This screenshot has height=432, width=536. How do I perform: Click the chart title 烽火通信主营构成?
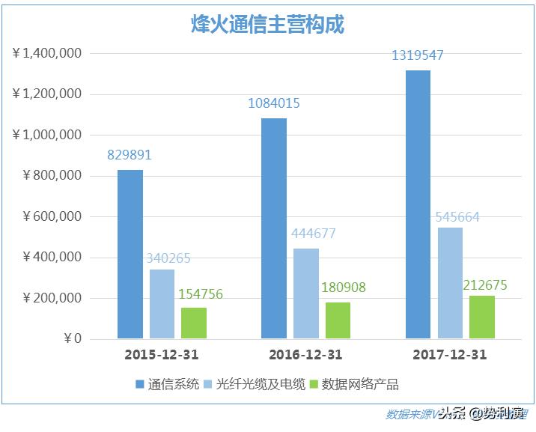point(267,24)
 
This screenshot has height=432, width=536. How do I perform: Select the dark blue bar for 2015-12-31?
point(130,255)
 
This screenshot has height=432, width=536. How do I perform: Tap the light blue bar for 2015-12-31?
point(162,304)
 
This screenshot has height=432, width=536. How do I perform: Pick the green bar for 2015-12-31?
point(194,323)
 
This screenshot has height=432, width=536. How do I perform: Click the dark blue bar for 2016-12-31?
point(274,228)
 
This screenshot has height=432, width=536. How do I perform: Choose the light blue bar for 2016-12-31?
point(306,293)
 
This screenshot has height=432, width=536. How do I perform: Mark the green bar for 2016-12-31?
point(338,320)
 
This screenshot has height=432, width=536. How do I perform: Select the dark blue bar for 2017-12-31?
point(418,204)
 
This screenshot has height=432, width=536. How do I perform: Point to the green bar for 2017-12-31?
point(482,317)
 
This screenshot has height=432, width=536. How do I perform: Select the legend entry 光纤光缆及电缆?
point(253,384)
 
